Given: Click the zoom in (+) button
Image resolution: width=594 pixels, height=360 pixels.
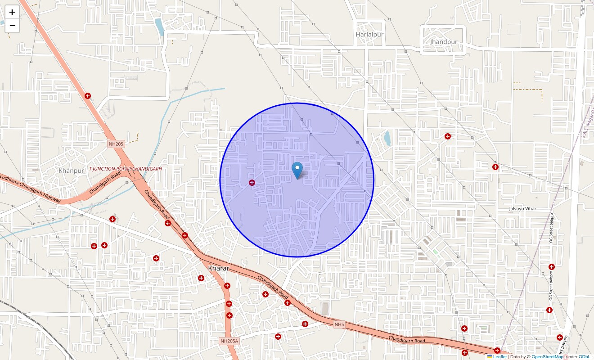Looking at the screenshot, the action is point(12,12).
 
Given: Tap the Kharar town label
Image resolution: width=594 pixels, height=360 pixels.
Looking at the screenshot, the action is point(219,268).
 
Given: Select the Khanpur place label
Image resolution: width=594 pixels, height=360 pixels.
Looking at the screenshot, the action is point(71,171).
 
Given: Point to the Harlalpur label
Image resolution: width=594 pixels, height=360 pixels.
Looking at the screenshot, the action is point(369,34).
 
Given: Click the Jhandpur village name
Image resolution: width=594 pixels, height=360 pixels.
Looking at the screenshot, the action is point(443,42).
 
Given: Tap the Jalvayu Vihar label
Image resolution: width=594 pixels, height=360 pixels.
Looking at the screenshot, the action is point(522,209).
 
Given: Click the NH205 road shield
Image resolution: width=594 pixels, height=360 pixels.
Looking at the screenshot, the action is point(116,144).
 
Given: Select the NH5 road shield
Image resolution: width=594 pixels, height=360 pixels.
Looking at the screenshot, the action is point(339,324).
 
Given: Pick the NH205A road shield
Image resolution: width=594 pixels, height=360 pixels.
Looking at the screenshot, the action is point(229,341).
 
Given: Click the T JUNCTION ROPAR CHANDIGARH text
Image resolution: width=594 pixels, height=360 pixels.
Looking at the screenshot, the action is point(125,169).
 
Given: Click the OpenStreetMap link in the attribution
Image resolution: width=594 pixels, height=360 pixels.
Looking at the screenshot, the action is point(547,357).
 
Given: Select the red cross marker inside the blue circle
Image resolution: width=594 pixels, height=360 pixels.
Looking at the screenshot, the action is point(252,183).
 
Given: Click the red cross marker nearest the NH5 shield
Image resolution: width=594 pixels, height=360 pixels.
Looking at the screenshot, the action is point(305,324).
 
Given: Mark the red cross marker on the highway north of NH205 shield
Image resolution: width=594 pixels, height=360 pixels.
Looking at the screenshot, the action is point(88,96).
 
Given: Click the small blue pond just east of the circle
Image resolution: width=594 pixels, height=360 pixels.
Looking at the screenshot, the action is point(387,138).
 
